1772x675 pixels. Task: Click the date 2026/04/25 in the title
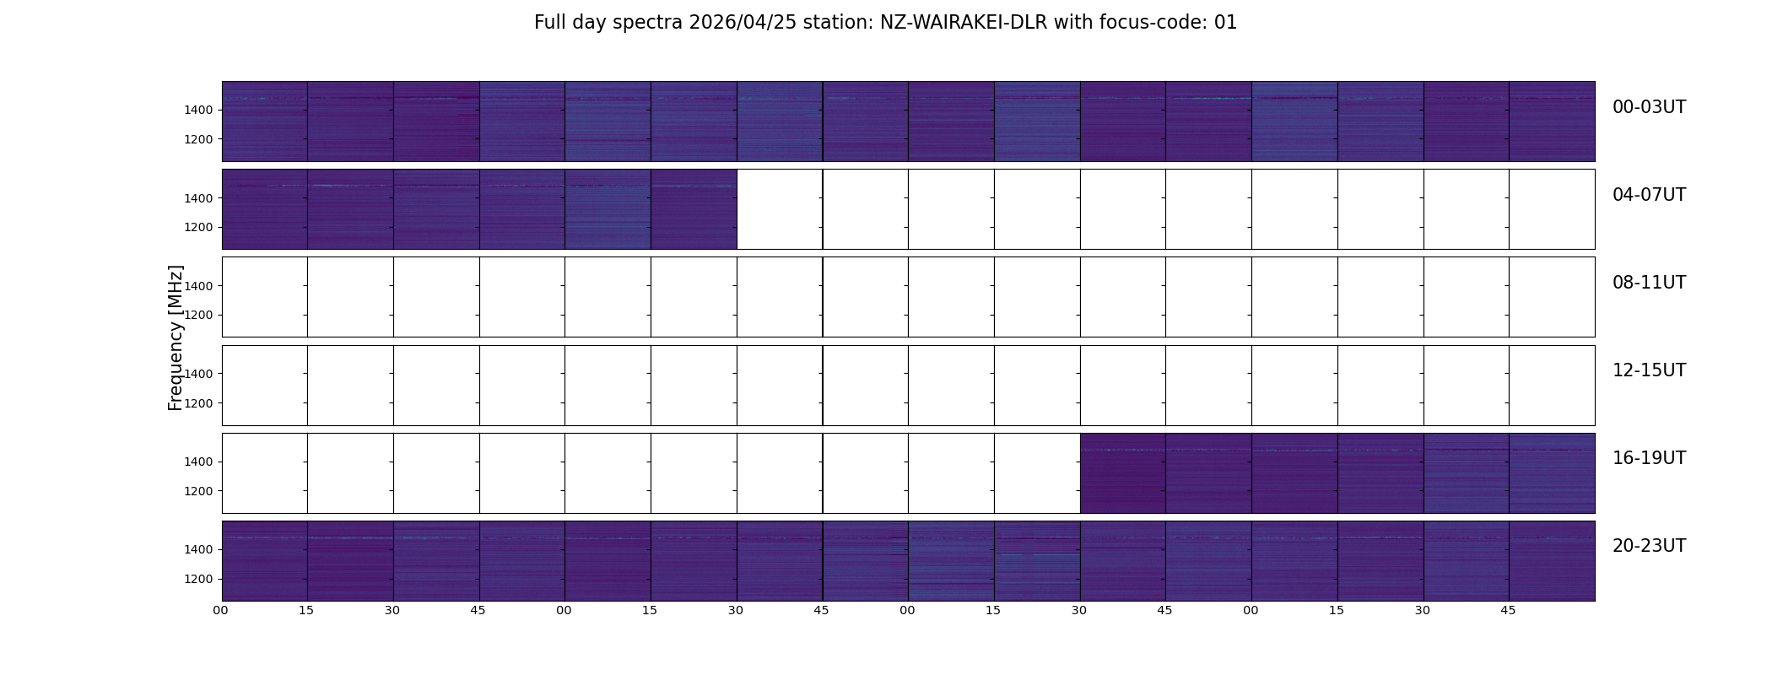[737, 23]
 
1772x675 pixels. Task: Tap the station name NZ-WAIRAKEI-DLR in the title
[964, 23]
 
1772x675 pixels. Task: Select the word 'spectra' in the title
[648, 24]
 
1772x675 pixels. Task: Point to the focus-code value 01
[1225, 23]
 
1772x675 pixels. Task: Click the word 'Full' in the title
[549, 23]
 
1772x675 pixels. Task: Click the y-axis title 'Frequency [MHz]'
[176, 337]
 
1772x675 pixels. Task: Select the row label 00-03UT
[1649, 107]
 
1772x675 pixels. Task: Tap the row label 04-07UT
[1649, 195]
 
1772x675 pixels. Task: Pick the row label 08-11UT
[1649, 283]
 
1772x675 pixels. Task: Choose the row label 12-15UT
[1649, 370]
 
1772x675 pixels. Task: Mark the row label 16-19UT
[1649, 458]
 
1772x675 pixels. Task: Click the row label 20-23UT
[1649, 546]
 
